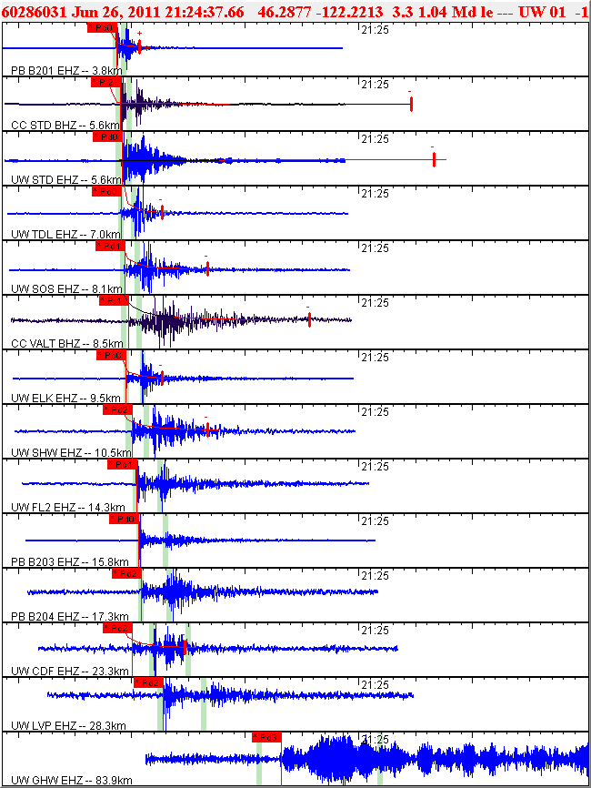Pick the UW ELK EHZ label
[x=65, y=398]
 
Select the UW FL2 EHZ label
[x=68, y=507]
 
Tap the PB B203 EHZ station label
[x=66, y=561]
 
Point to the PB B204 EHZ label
[x=66, y=616]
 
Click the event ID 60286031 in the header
[x=33, y=11]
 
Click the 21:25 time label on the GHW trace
[x=376, y=739]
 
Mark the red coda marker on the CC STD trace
[x=412, y=105]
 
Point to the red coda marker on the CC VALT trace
[x=310, y=319]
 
